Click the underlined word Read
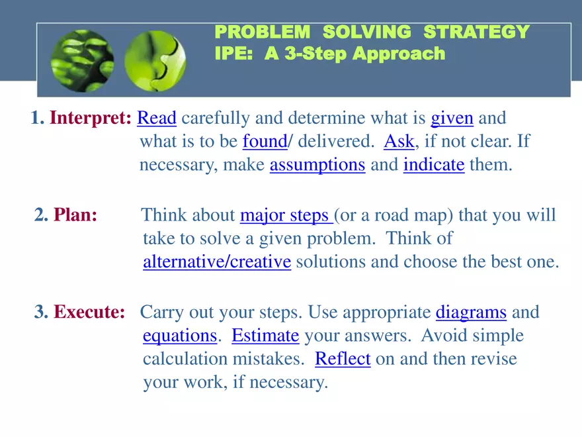click(x=157, y=118)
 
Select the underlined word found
click(x=265, y=141)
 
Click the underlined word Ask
click(x=399, y=141)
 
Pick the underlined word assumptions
click(x=317, y=165)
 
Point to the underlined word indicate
click(x=434, y=165)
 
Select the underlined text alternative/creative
click(x=217, y=262)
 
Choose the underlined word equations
click(x=180, y=336)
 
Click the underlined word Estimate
click(x=265, y=336)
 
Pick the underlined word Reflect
click(x=343, y=359)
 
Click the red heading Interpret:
click(x=91, y=118)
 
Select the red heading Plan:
click(x=75, y=215)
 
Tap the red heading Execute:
click(x=89, y=312)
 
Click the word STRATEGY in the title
click(x=477, y=32)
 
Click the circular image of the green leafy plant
click(x=83, y=60)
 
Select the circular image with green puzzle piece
click(x=155, y=60)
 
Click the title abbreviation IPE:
click(x=234, y=53)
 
